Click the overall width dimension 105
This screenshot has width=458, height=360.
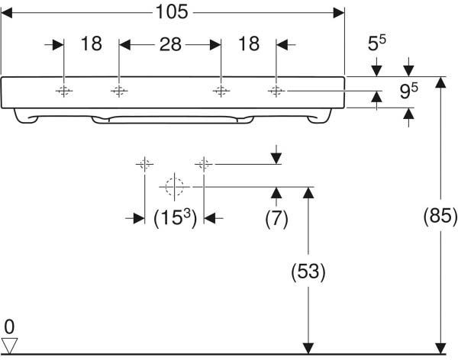[173, 14]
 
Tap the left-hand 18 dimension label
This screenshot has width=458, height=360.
[91, 44]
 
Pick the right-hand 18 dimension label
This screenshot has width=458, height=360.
[249, 44]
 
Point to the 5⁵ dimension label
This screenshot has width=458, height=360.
[376, 45]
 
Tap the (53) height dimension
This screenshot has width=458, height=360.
[309, 271]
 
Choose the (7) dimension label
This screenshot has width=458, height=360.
[276, 219]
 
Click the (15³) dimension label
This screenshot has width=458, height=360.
[175, 219]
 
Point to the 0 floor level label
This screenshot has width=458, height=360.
[8, 325]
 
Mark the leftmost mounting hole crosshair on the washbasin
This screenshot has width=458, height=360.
[63, 92]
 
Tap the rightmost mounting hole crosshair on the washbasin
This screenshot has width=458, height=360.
[276, 92]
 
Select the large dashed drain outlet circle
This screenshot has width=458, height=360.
[174, 185]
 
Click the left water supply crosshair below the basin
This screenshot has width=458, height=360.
[144, 163]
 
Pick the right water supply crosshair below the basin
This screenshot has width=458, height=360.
[204, 163]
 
